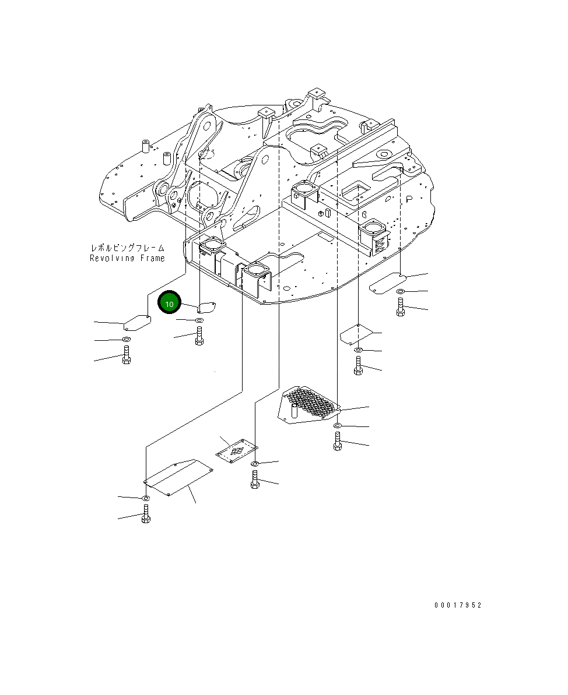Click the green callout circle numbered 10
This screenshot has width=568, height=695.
(x=170, y=304)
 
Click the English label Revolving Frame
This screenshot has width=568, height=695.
(x=127, y=258)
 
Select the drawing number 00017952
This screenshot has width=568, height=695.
(x=458, y=605)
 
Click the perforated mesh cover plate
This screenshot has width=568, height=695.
(x=310, y=403)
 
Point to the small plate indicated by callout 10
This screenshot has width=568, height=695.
(x=207, y=306)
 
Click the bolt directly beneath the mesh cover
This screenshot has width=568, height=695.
(x=337, y=443)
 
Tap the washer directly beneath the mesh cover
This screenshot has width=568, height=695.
(x=338, y=427)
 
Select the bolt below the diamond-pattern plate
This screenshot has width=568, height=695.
(x=254, y=480)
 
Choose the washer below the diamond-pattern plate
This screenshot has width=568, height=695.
(x=255, y=464)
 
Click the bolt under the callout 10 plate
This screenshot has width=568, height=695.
(x=199, y=336)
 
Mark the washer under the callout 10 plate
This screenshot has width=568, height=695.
(x=199, y=321)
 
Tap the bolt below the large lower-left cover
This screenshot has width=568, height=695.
(x=146, y=514)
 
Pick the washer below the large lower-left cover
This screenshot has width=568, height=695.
(x=145, y=498)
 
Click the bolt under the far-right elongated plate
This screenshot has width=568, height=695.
(x=400, y=307)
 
